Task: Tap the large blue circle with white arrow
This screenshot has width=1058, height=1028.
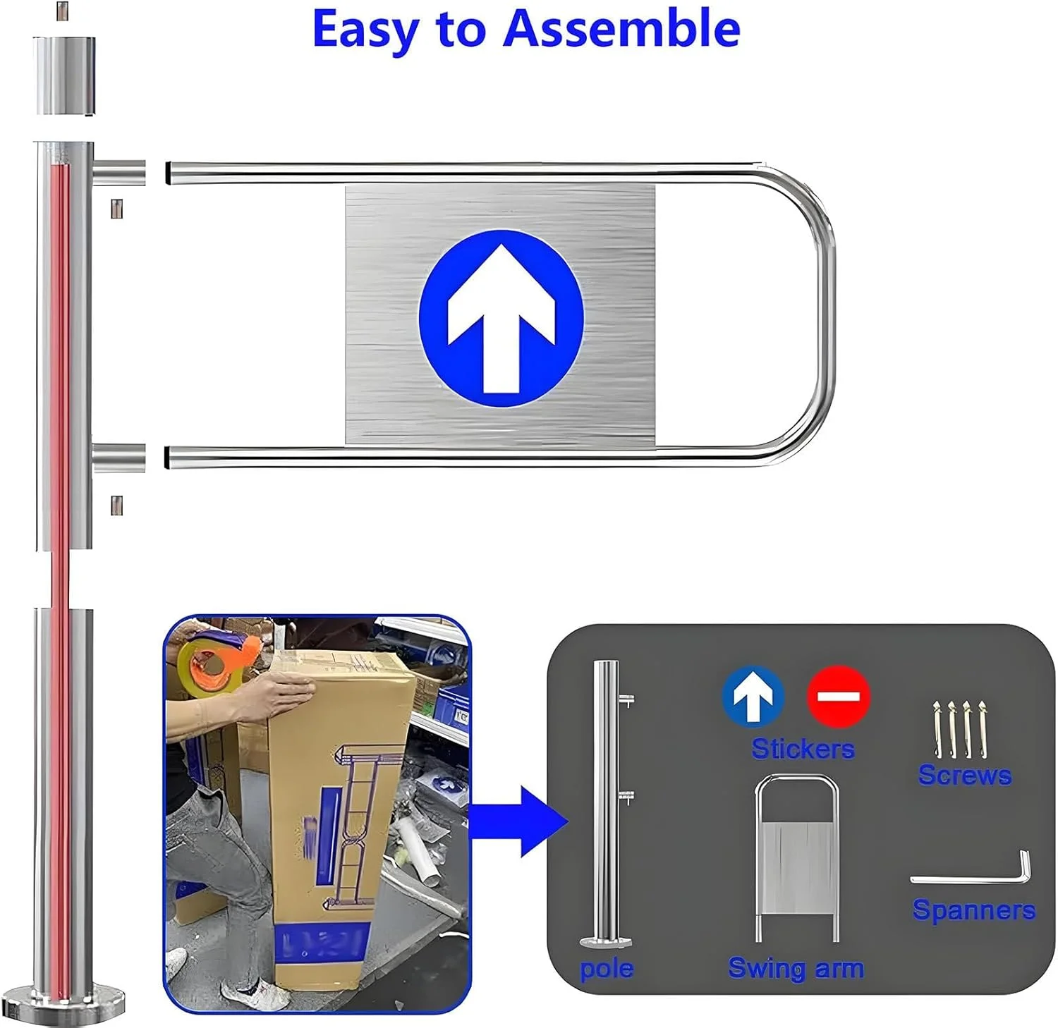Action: point(501,318)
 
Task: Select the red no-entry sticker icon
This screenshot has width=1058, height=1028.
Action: point(838,696)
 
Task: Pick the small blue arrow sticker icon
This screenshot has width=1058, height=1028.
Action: point(753,696)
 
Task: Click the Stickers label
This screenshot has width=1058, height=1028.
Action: point(803,748)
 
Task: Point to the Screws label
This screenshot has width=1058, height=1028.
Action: point(964,775)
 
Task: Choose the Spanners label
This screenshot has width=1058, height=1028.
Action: point(973,910)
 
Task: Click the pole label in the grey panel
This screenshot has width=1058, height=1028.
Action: point(606,969)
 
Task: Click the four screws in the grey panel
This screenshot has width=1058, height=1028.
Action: point(961,729)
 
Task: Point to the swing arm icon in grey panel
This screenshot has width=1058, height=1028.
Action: point(796,857)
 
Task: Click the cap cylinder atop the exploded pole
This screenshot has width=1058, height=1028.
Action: point(64,76)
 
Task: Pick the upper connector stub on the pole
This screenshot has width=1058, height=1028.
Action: point(119,172)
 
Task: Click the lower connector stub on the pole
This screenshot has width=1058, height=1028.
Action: point(119,458)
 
